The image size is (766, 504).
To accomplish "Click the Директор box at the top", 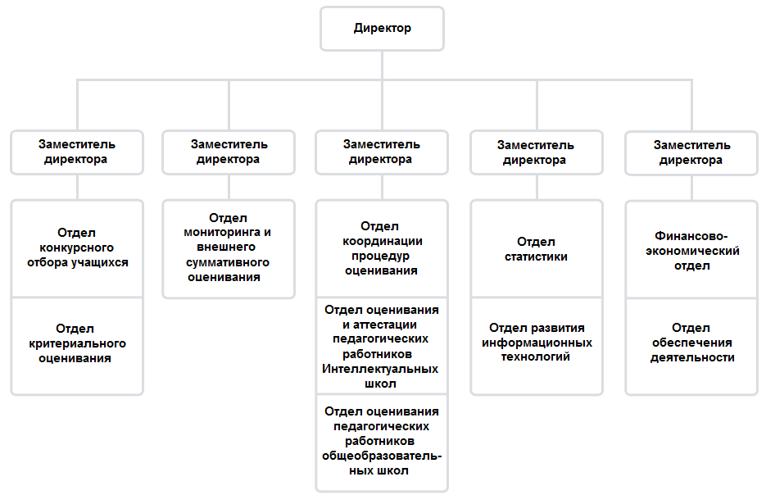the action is (382, 29).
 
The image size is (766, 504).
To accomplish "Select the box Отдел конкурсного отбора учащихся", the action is (77, 247).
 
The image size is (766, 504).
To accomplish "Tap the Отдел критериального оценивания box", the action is (77, 346).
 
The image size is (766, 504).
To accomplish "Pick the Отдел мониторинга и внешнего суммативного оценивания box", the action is (229, 248).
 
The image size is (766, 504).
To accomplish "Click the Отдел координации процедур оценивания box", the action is (382, 247).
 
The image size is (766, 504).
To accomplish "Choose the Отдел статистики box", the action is (537, 247).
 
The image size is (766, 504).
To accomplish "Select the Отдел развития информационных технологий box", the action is (537, 346).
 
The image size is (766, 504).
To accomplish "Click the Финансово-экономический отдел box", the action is (691, 249).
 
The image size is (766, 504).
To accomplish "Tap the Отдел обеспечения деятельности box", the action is (691, 347).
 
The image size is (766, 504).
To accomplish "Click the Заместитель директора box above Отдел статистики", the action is (537, 152).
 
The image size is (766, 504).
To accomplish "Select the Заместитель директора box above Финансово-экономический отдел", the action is (691, 153).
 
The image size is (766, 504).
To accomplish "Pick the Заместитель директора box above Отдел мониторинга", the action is (229, 152).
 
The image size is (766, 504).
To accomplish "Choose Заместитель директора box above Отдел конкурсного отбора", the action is (77, 152).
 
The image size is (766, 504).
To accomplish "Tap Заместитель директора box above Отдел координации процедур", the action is (382, 152).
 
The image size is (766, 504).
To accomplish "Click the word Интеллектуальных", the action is (380, 369).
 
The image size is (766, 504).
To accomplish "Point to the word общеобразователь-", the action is (382, 456).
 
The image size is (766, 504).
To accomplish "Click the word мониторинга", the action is (223, 233).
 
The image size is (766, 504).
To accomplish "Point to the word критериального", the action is (77, 343).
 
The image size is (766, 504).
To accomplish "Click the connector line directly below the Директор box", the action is (382, 65).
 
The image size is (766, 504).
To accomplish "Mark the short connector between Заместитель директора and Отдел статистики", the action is (537, 187).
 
